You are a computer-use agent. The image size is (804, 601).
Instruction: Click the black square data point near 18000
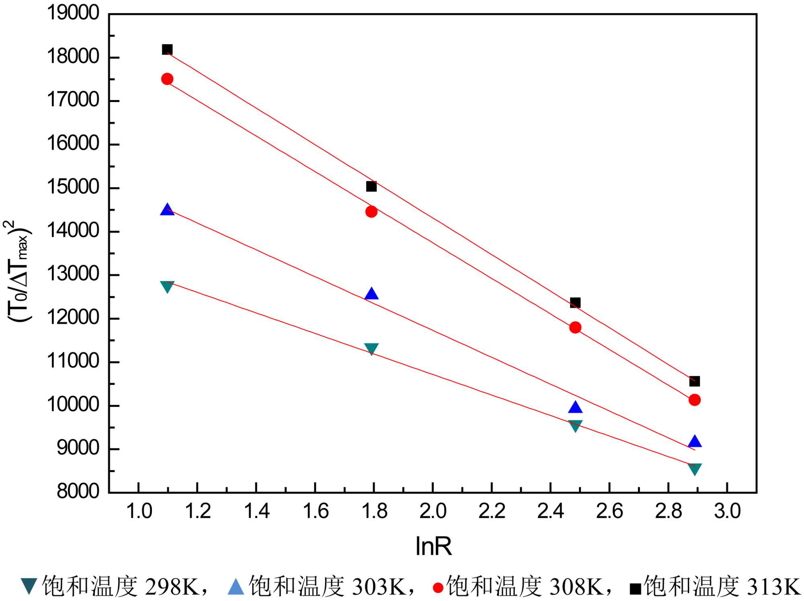[167, 49]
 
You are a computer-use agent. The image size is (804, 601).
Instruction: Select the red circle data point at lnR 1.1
[167, 79]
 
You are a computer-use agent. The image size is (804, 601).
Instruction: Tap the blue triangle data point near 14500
[167, 210]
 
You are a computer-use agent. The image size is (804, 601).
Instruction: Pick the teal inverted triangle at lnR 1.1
[167, 286]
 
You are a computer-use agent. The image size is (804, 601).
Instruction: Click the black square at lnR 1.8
[371, 186]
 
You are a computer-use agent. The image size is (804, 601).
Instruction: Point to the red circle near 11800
[575, 328]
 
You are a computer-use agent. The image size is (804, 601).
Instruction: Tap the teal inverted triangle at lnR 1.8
[371, 349]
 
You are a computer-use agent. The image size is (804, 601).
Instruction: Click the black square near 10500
[695, 381]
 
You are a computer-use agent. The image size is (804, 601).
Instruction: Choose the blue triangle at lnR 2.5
[575, 408]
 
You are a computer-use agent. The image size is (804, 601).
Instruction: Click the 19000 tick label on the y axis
[73, 13]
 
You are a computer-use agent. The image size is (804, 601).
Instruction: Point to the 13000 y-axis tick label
[73, 274]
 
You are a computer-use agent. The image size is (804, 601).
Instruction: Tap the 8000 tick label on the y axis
[78, 491]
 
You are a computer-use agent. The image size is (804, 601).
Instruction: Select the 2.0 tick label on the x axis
[433, 511]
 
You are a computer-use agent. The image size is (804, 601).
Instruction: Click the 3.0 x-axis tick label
[727, 511]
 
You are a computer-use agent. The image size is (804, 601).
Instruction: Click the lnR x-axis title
[433, 546]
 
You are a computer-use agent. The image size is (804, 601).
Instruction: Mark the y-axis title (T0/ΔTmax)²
[17, 271]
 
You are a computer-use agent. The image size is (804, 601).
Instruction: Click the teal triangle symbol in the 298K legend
[29, 586]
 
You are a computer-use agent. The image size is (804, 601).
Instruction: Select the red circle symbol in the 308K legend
[438, 588]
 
